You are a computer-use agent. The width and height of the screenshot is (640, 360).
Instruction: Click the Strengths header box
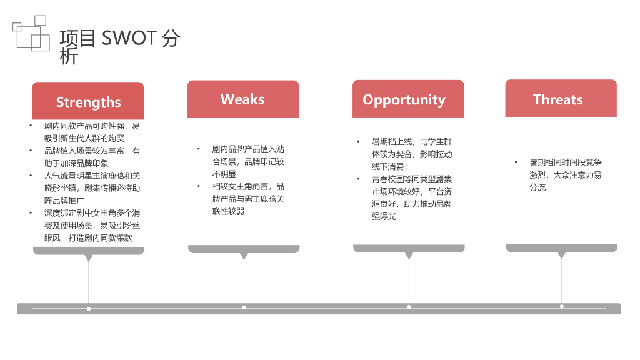88,101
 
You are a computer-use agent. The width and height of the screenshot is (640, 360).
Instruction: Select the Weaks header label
242,99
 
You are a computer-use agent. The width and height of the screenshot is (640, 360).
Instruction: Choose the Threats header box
558,99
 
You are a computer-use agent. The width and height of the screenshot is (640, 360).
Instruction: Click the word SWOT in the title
129,38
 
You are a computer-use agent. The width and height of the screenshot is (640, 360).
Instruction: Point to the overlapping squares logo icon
31,33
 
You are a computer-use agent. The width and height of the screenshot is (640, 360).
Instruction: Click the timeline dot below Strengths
89,309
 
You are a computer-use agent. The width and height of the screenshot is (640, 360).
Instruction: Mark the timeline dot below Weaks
244,307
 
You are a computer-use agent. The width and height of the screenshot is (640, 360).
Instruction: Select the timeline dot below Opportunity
409,307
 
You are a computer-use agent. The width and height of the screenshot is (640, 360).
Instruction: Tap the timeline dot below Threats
561,306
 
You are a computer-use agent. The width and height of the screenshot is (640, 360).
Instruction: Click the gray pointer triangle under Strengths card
89,257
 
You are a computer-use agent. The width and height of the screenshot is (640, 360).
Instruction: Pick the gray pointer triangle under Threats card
561,255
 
